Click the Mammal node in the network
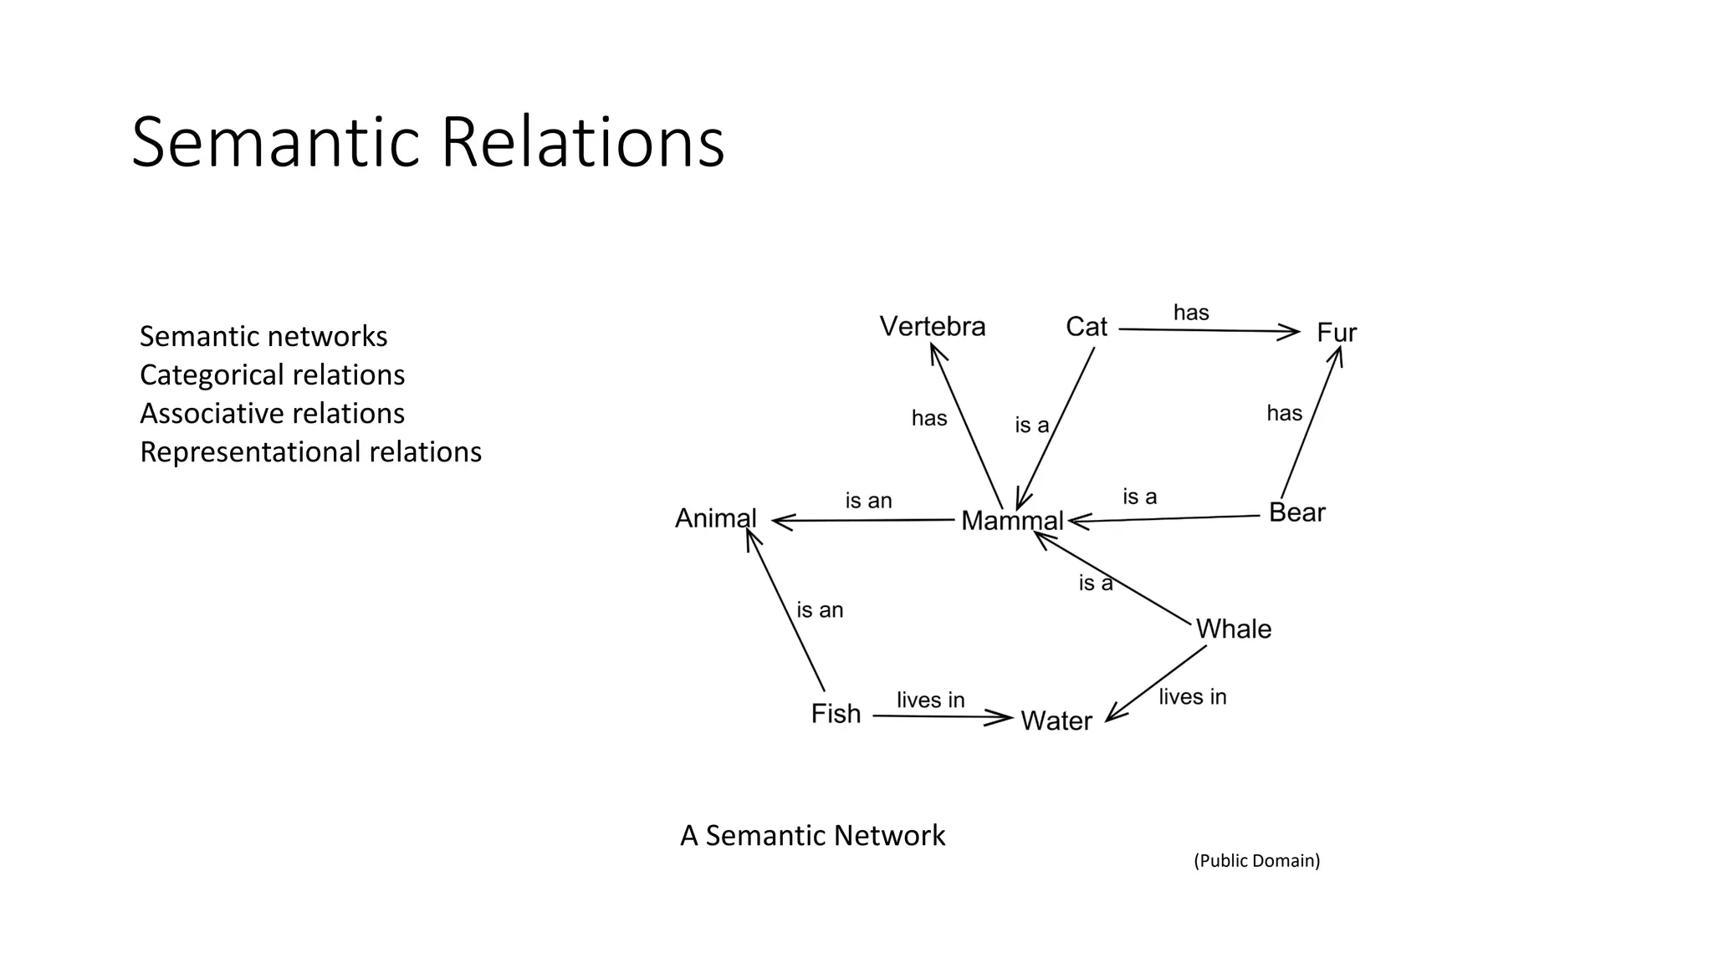coord(1012,521)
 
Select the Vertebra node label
coord(933,326)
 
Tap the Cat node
coord(1086,327)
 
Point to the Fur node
coord(1336,333)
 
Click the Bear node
coord(1296,512)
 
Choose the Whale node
coord(1233,629)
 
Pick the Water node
coord(1056,721)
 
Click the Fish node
coord(836,714)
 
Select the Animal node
coord(716,518)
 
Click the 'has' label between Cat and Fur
coord(1191,313)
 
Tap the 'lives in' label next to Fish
coord(930,700)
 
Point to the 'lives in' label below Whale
coord(1192,696)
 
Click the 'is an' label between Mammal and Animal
coord(868,501)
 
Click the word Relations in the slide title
coord(581,142)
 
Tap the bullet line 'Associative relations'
coord(272,413)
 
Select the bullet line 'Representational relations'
coord(310,451)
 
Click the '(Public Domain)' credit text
coord(1256,860)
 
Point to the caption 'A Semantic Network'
coord(812,835)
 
